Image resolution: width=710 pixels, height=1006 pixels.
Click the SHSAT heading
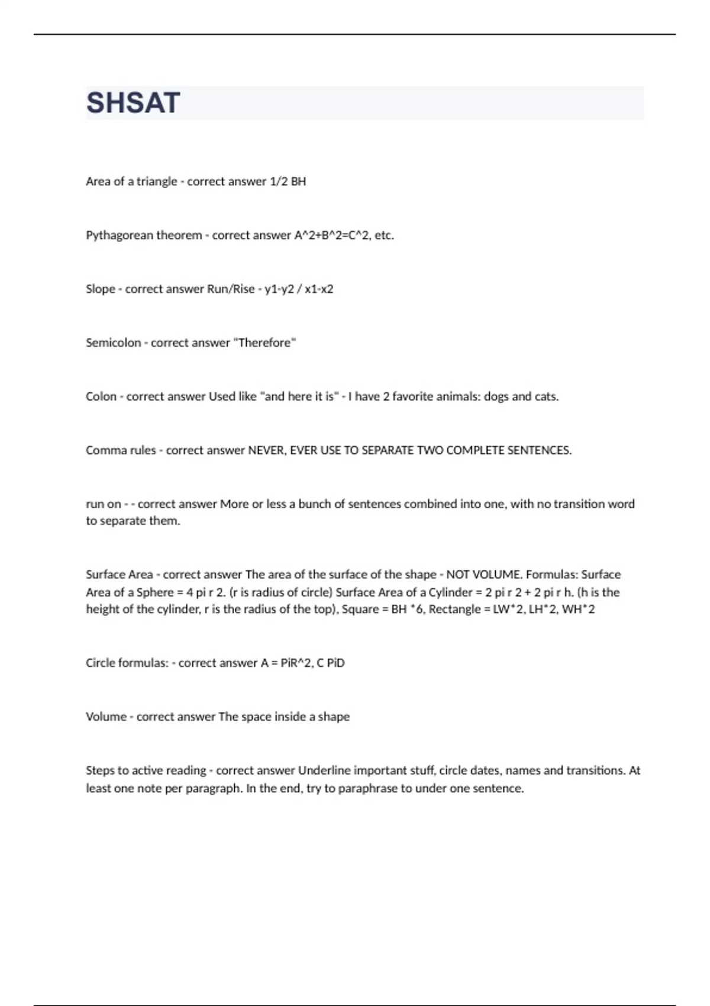coord(133,103)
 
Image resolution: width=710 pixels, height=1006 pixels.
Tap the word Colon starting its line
coord(101,397)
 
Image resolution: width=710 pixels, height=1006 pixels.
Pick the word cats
coord(546,397)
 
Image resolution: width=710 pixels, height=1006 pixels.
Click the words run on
coord(104,505)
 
